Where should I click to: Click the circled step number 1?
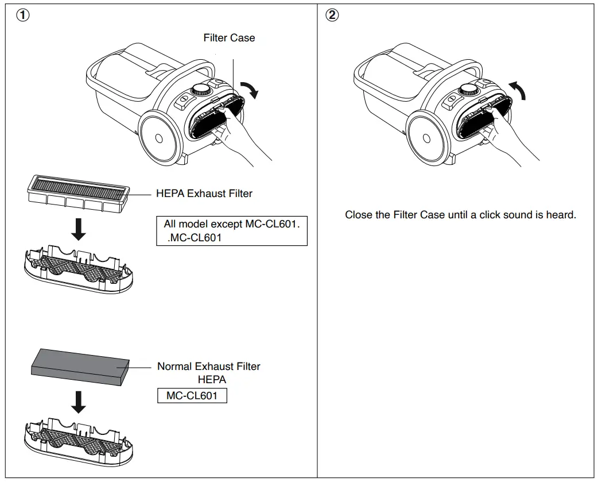pos(22,16)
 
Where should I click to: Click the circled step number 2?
pos(332,16)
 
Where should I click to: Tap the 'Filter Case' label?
pos(229,38)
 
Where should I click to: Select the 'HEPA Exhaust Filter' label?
pos(204,194)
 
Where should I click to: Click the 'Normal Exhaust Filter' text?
pos(208,367)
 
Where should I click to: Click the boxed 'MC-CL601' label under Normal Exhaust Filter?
pos(192,396)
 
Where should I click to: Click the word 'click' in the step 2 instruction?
pos(490,215)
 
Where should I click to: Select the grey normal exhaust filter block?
pos(80,365)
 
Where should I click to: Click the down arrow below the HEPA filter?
pos(80,229)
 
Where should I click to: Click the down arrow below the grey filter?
pos(80,402)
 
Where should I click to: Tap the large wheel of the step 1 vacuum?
pos(157,139)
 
